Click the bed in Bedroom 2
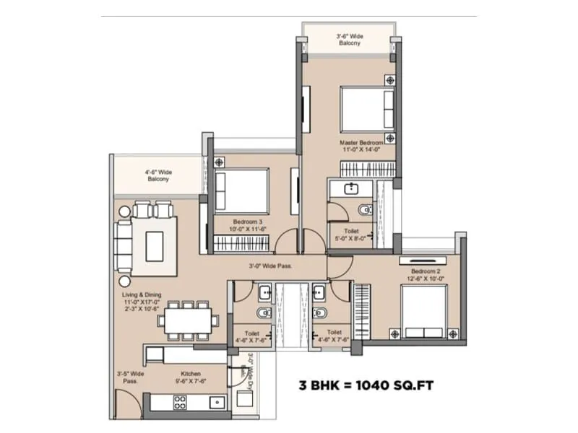pos(425,311)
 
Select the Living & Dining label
pos(141,299)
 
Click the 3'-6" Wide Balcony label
pos(349,39)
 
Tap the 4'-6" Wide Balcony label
pos(158,175)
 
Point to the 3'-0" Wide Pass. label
pos(271,266)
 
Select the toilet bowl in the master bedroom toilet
pos(363,210)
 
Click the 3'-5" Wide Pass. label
pos(129,378)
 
